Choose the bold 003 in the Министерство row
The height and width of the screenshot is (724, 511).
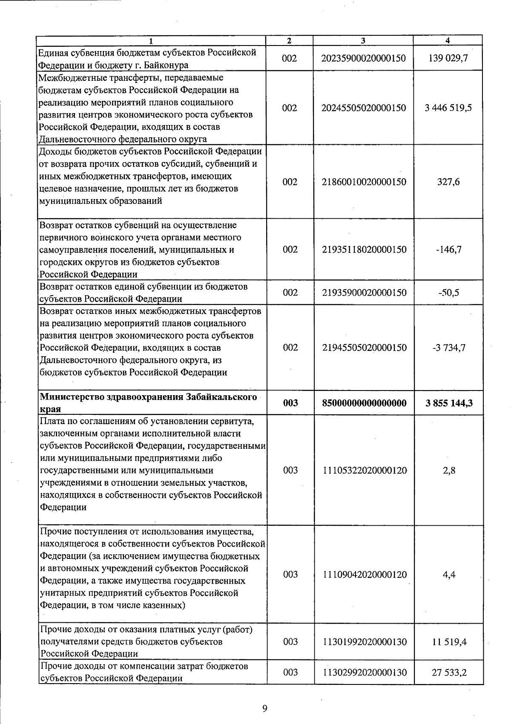290,403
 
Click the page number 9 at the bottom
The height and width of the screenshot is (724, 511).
264,708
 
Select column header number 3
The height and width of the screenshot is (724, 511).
362,40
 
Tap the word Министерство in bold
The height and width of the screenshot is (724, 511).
71,397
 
